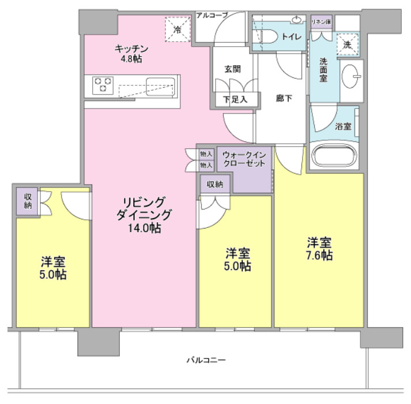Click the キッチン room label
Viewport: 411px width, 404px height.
click(x=131, y=49)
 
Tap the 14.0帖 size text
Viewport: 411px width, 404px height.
click(x=145, y=229)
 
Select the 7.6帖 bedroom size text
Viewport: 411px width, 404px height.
click(x=319, y=255)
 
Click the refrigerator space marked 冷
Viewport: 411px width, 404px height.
click(x=178, y=29)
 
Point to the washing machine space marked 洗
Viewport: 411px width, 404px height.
click(x=348, y=44)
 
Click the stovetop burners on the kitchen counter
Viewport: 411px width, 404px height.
click(x=103, y=85)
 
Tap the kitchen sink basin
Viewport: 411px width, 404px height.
click(x=160, y=87)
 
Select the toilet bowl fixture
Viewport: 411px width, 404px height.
click(x=267, y=37)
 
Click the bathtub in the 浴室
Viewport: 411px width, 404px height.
click(x=334, y=155)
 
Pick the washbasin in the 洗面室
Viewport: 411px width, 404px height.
click(x=351, y=76)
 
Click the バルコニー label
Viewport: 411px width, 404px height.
click(x=206, y=360)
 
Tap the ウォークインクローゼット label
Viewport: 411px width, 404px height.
click(x=244, y=159)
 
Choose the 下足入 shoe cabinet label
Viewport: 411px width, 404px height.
click(x=235, y=99)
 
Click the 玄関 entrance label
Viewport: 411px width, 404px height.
click(x=232, y=69)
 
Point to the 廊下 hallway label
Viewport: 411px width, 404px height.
click(x=284, y=98)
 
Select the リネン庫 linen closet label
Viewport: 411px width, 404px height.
click(x=321, y=23)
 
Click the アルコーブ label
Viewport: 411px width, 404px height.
click(x=212, y=15)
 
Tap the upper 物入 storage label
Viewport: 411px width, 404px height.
click(x=206, y=154)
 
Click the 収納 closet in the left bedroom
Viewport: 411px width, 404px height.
click(x=28, y=201)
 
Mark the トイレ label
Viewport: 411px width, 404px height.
click(x=292, y=37)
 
